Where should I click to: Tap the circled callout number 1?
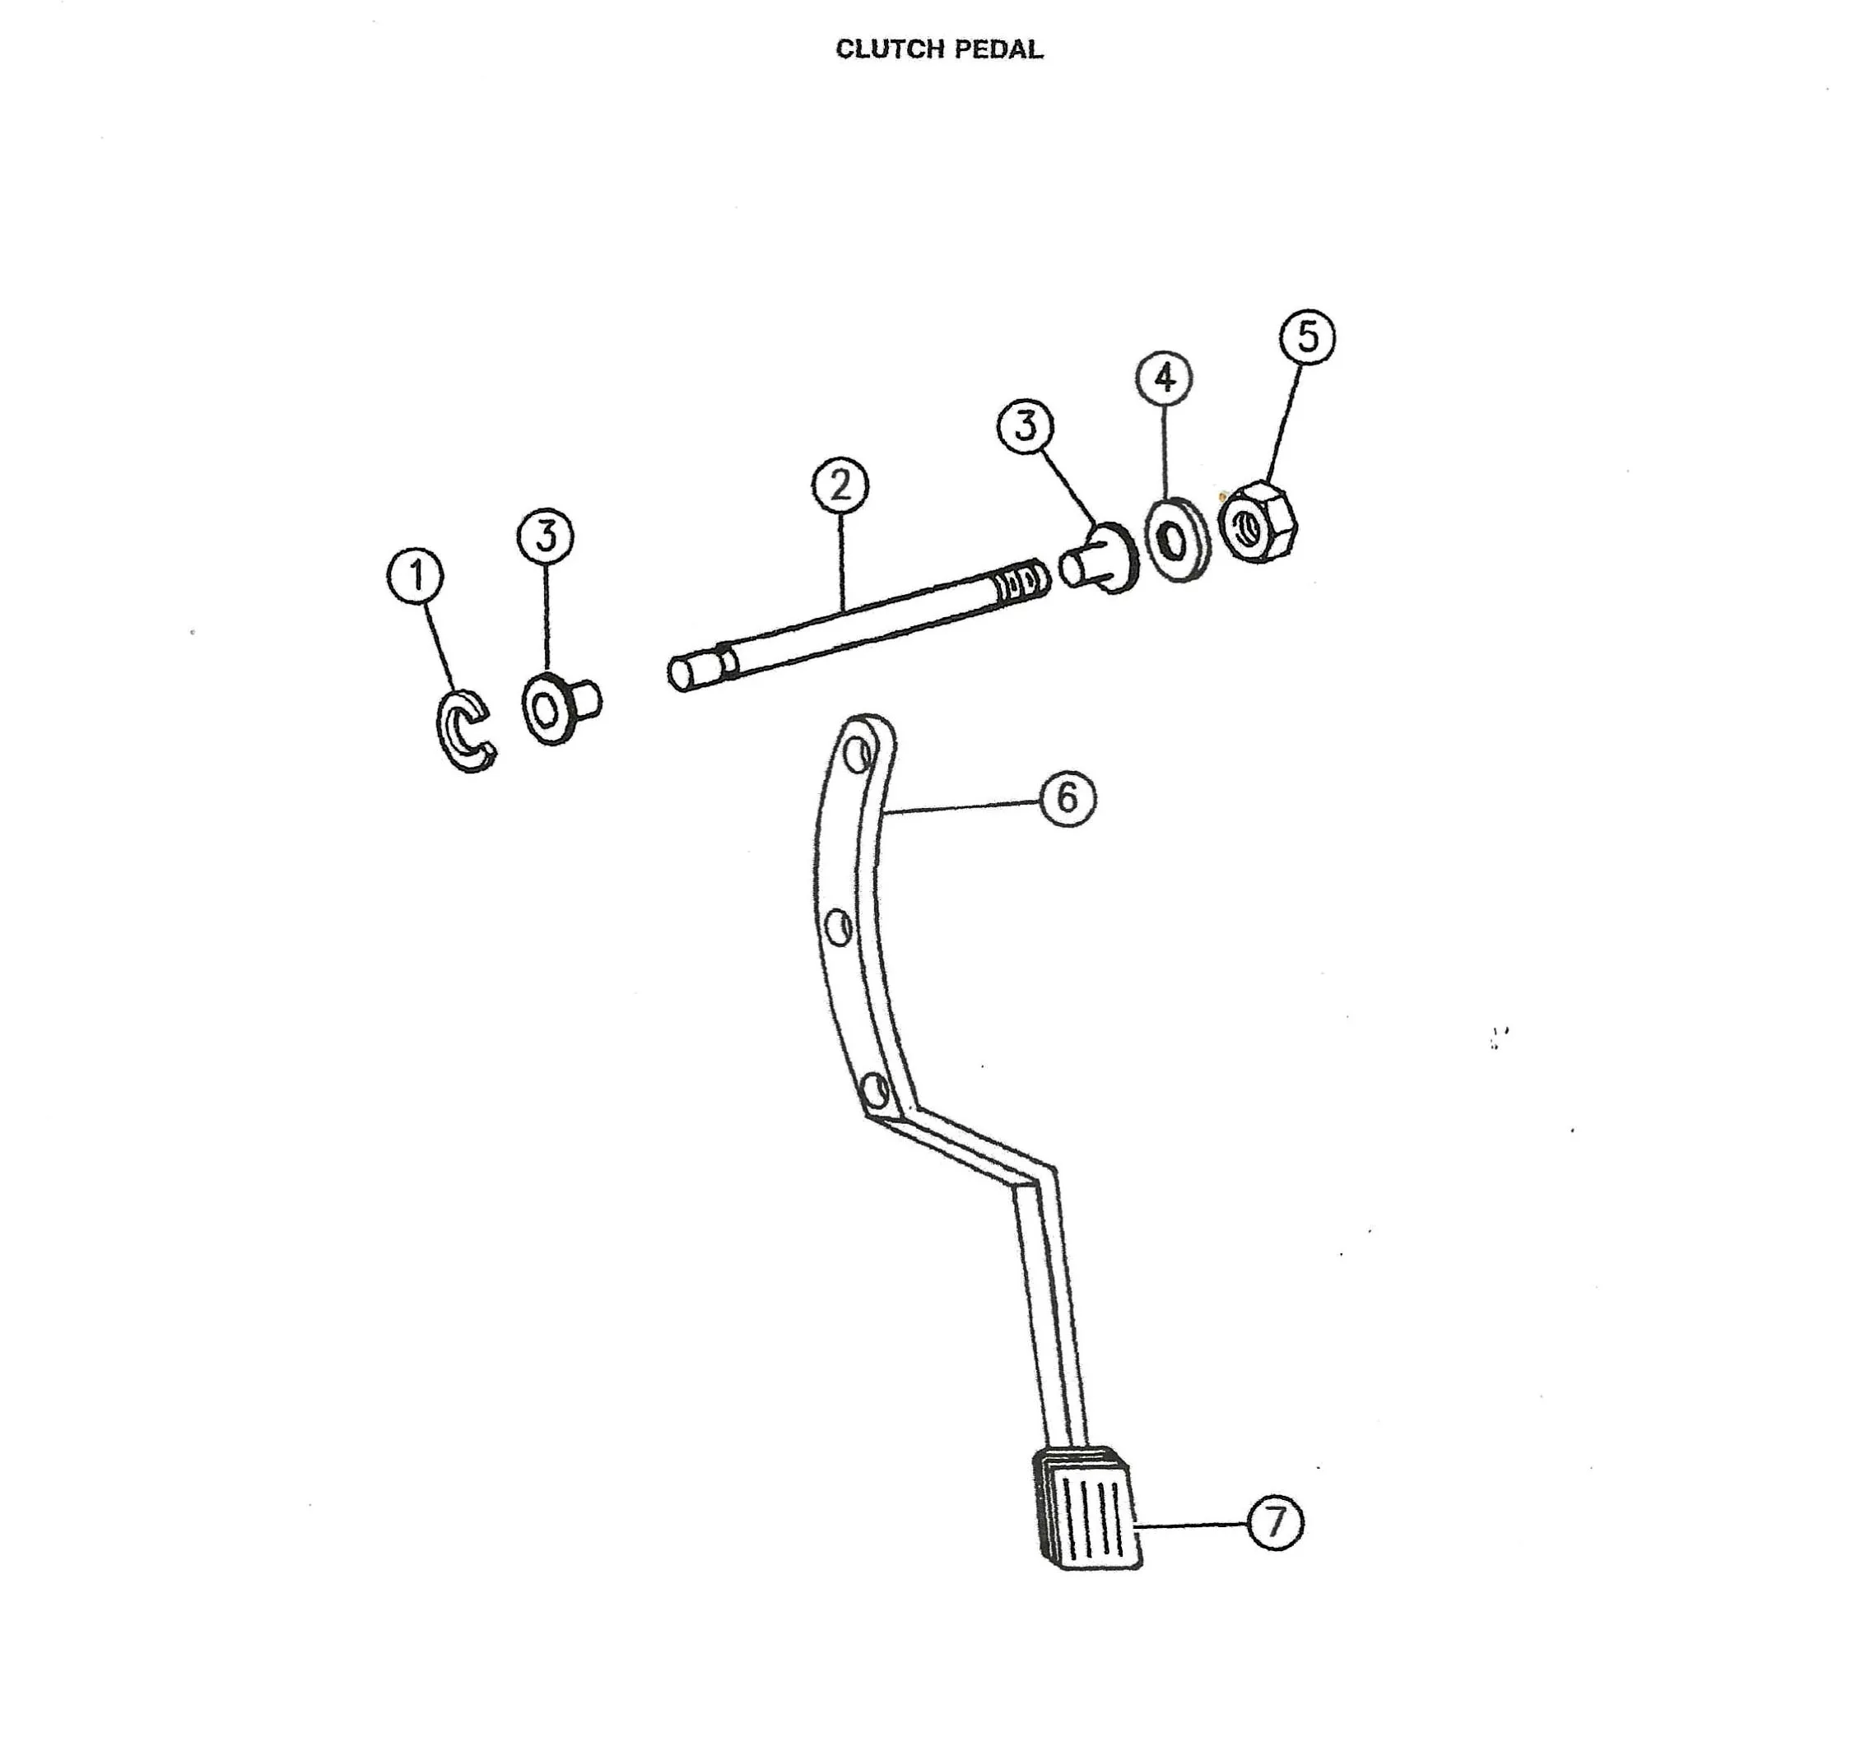(x=416, y=577)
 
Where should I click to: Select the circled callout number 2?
(x=840, y=485)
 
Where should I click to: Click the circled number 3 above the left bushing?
(x=546, y=536)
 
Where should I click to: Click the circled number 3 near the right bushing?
(x=1026, y=426)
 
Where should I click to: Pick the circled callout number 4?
(x=1165, y=378)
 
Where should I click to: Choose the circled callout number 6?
(x=1068, y=798)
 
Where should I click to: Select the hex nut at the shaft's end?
(x=1257, y=523)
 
